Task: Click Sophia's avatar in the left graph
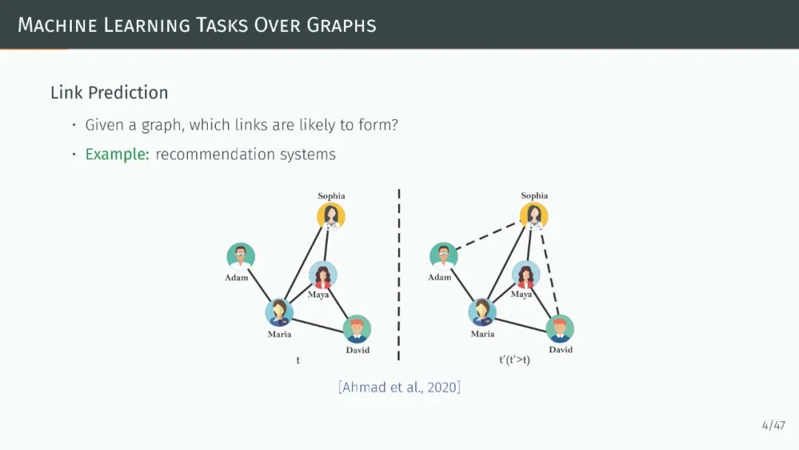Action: (331, 216)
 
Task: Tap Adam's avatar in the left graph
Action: (240, 257)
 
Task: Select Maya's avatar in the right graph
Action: (526, 275)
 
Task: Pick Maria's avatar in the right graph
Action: (482, 312)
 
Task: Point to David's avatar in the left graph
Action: (357, 329)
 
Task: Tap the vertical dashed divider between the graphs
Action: (399, 274)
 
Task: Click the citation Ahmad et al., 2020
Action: (399, 386)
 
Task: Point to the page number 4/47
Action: (773, 425)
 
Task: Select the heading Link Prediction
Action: (109, 93)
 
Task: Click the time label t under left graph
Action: (298, 360)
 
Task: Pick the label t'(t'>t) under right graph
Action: (514, 360)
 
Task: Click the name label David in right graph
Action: (560, 349)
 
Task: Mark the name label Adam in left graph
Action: (237, 278)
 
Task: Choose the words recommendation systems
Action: (246, 155)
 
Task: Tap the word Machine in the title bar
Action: (57, 24)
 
